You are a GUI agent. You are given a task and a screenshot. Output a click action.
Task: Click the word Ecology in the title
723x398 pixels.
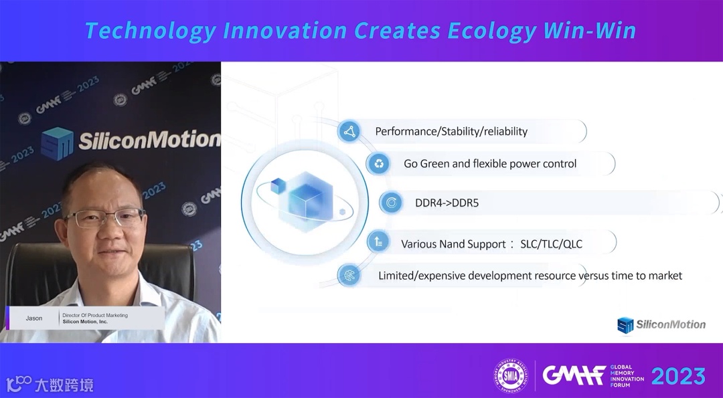(x=491, y=30)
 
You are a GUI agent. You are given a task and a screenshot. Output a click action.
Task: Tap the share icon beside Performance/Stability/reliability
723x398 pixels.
(x=350, y=132)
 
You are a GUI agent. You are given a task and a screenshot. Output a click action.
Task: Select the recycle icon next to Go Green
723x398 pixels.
(x=378, y=163)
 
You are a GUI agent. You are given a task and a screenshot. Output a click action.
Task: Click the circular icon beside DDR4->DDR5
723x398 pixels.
(x=391, y=203)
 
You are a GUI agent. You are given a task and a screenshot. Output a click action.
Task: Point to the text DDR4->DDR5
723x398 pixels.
(x=447, y=203)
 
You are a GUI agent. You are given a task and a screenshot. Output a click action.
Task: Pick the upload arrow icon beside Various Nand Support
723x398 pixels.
(x=378, y=241)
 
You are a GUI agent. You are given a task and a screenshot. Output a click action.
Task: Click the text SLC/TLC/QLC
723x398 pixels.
(x=551, y=243)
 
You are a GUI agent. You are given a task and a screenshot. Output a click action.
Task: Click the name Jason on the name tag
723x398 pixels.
(x=34, y=318)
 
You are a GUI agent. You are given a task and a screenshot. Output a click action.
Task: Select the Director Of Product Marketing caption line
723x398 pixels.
(x=95, y=315)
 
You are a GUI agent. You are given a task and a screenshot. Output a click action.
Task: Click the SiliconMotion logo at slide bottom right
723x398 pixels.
(x=661, y=325)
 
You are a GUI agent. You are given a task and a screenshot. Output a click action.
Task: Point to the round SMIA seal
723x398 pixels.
(x=511, y=376)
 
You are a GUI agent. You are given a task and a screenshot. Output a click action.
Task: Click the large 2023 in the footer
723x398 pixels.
(x=678, y=377)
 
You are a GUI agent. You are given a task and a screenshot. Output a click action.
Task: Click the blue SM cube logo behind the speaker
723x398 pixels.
(x=57, y=144)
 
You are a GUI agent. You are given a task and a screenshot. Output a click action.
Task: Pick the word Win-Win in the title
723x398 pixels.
(x=590, y=30)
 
